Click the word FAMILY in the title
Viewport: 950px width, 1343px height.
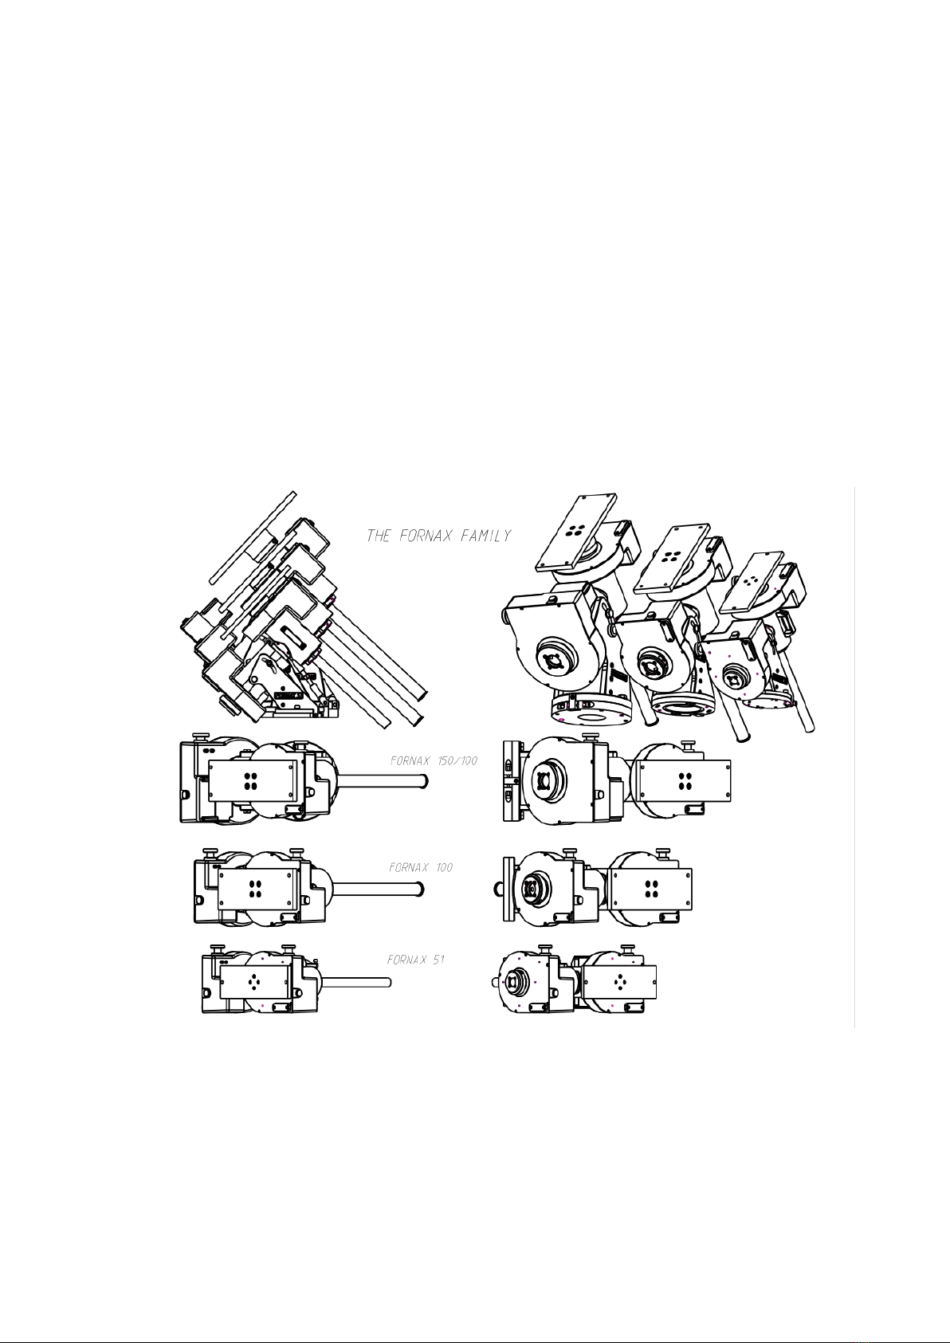click(486, 536)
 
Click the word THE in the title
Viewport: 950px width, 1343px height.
click(379, 536)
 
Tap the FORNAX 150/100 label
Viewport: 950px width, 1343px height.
click(434, 761)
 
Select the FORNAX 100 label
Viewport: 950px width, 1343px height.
click(421, 867)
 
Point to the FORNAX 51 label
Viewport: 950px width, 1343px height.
click(416, 960)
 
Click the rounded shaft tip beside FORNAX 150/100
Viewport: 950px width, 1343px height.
click(424, 782)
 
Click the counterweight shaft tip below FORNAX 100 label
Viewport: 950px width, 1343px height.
click(421, 889)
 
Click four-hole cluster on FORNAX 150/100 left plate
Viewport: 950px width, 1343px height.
click(251, 781)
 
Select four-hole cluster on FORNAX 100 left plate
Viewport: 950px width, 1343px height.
click(255, 889)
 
